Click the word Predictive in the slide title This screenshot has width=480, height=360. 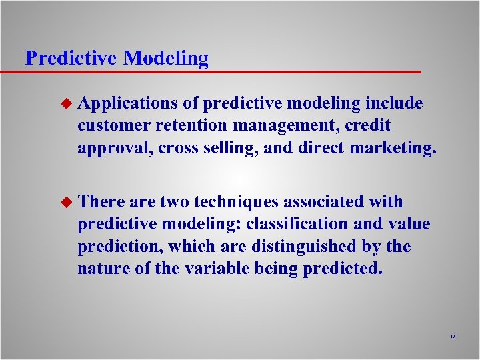(x=71, y=58)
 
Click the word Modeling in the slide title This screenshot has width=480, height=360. (x=165, y=59)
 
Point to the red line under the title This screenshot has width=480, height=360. (x=220, y=71)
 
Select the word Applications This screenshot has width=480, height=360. (x=127, y=103)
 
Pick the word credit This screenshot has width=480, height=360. (x=365, y=125)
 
